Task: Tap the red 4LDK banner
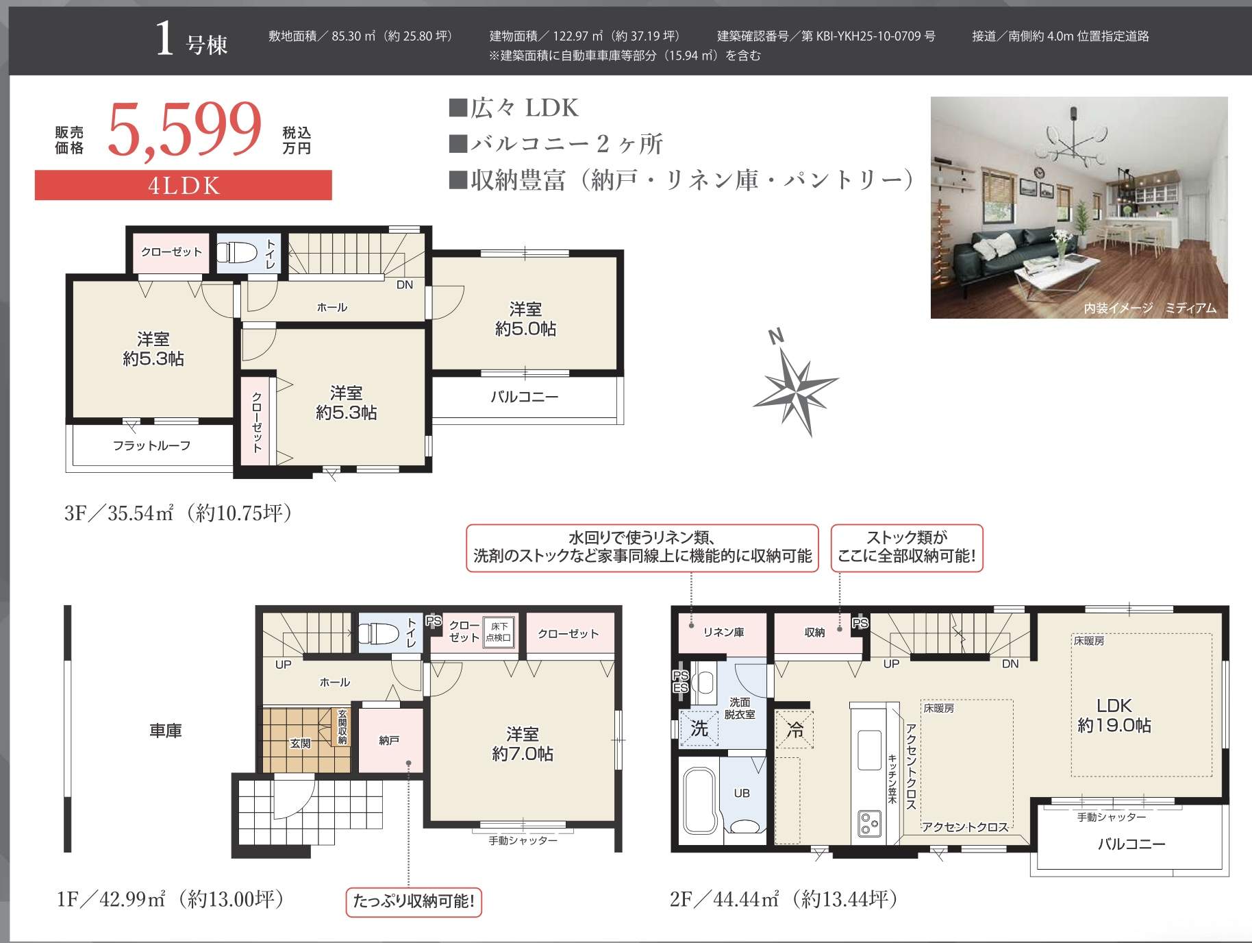tap(184, 185)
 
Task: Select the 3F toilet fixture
tap(237, 252)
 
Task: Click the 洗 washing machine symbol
tap(699, 728)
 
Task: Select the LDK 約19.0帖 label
tap(1114, 715)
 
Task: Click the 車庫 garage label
tap(166, 731)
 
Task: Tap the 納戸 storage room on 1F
tap(390, 740)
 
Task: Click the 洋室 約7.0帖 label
tap(523, 744)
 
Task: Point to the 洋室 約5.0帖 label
tap(525, 319)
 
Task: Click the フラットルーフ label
tap(151, 445)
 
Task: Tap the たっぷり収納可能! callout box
tap(414, 901)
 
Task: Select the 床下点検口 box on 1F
tap(499, 632)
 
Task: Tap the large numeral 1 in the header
tap(164, 38)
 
